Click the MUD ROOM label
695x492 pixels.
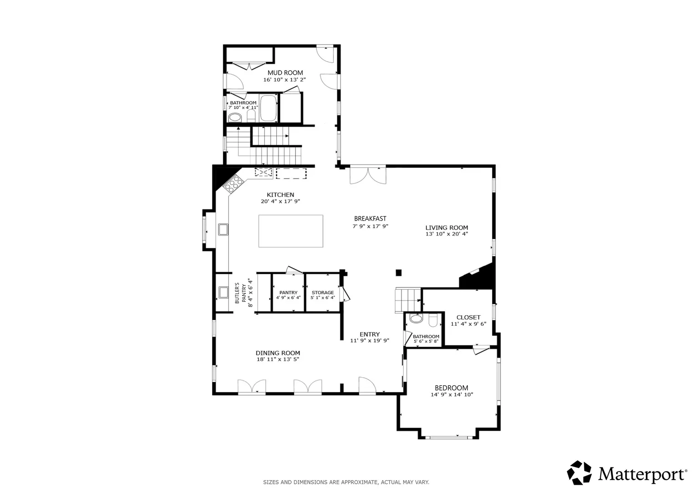click(285, 73)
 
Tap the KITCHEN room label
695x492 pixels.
click(280, 195)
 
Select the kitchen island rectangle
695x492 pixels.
click(291, 231)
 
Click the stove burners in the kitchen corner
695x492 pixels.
click(233, 183)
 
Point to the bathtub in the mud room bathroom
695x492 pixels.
click(269, 108)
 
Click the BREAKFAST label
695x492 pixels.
click(370, 219)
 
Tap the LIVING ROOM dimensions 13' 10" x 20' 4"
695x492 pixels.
click(447, 234)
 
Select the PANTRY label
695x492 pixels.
click(288, 292)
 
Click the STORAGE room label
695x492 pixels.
click(323, 292)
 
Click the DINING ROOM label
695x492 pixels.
click(278, 353)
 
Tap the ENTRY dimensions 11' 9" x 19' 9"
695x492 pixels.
click(370, 340)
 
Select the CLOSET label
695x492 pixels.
click(468, 318)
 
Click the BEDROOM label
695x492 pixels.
click(451, 388)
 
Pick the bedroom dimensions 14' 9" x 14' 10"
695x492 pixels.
click(452, 395)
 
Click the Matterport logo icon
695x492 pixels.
click(579, 473)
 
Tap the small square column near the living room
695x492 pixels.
click(399, 273)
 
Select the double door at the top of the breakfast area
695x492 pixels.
click(368, 175)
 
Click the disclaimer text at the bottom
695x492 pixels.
click(346, 482)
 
